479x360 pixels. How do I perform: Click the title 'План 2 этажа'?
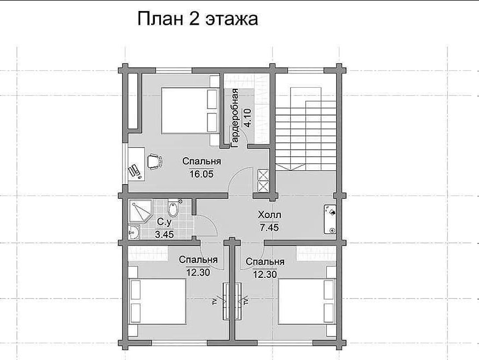click(198, 19)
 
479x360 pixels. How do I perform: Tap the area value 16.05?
click(201, 174)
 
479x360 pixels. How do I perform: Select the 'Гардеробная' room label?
click(235, 118)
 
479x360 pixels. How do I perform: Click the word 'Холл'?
click(269, 215)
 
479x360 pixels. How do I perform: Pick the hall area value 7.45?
click(269, 227)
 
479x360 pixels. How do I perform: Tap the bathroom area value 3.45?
click(164, 235)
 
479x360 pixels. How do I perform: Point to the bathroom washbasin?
click(134, 232)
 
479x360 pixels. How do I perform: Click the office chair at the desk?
click(155, 161)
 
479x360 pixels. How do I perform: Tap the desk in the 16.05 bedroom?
click(136, 164)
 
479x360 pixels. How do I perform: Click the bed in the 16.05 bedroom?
click(190, 111)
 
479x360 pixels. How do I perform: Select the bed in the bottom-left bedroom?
click(157, 301)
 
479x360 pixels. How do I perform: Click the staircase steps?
click(305, 128)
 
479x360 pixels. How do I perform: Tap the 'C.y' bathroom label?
click(164, 221)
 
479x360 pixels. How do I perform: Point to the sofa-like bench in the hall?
click(330, 219)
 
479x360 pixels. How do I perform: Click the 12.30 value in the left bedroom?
click(198, 272)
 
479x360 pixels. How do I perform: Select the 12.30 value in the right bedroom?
click(265, 275)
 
